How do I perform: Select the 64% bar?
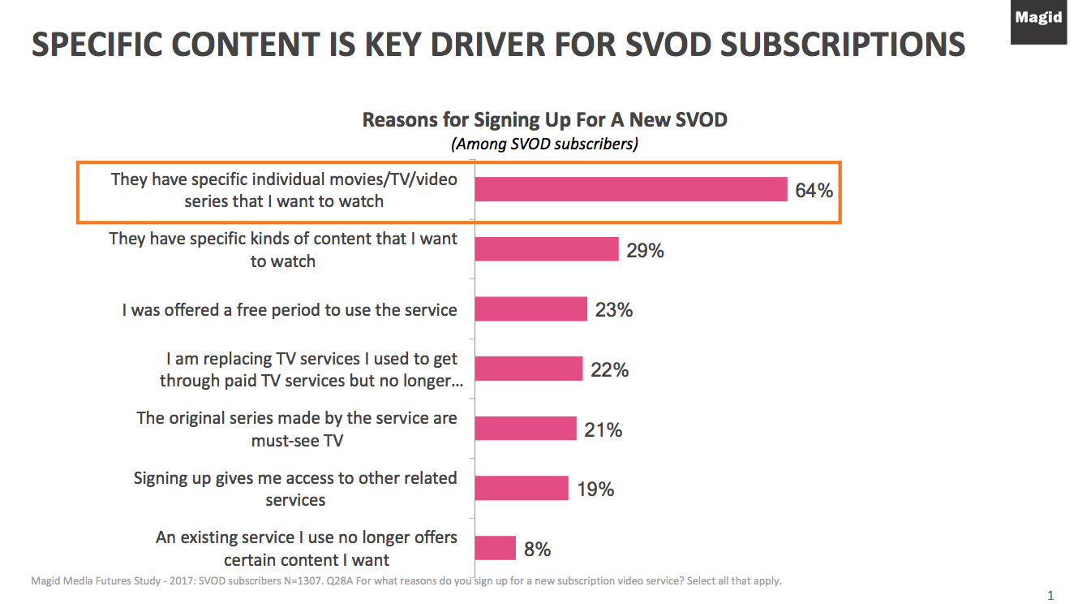click(x=630, y=189)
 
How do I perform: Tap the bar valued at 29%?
click(x=546, y=249)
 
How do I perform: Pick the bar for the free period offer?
click(x=530, y=309)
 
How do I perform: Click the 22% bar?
click(x=528, y=369)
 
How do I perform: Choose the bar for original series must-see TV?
click(x=525, y=429)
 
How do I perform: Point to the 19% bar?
click(x=521, y=489)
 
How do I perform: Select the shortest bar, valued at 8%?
click(x=495, y=548)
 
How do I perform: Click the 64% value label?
click(x=814, y=191)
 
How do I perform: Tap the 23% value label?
click(x=613, y=310)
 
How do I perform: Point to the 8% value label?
click(x=537, y=550)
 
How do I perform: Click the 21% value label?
click(x=603, y=430)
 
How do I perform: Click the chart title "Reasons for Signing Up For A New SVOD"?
click(x=544, y=120)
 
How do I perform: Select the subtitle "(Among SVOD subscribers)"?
click(x=544, y=145)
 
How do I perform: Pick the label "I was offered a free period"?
click(x=290, y=310)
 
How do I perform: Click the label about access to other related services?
click(x=295, y=489)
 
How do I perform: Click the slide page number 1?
click(x=1051, y=594)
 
